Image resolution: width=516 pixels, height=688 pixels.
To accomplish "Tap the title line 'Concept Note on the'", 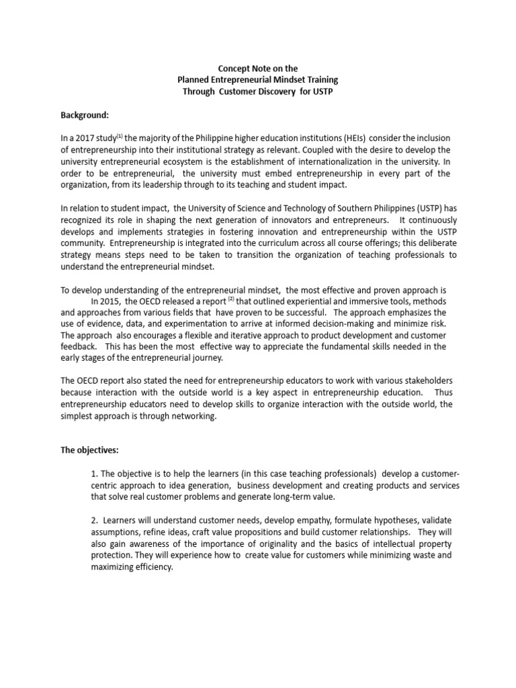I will tap(258, 68).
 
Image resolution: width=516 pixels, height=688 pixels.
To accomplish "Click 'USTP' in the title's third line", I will tap(321, 91).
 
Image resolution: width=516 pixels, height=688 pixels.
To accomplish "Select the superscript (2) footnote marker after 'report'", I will tap(230, 299).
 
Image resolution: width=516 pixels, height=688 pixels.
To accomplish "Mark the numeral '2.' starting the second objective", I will tap(94, 521).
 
